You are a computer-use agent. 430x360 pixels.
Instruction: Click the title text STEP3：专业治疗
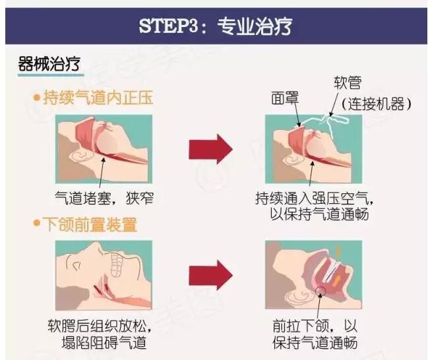[x=215, y=26]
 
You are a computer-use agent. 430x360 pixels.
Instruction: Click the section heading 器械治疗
[x=49, y=64]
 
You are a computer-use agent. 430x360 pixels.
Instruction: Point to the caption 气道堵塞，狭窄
[x=104, y=198]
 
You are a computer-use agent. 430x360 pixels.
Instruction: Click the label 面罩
[x=285, y=98]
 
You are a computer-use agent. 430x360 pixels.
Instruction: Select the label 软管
[x=348, y=82]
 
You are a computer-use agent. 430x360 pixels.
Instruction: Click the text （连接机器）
[x=377, y=104]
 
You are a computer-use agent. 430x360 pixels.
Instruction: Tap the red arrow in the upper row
[x=210, y=149]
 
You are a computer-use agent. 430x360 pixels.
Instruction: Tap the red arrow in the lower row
[x=210, y=275]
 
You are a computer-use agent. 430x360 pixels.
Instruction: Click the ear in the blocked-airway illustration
[x=80, y=156]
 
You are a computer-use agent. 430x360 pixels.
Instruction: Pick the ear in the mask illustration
[x=293, y=159]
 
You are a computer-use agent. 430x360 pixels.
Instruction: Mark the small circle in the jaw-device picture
[x=320, y=291]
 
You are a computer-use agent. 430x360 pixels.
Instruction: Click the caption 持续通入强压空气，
[x=315, y=198]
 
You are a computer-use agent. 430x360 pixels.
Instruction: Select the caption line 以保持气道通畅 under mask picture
[x=319, y=214]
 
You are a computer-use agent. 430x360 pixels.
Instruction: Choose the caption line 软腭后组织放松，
[x=100, y=326]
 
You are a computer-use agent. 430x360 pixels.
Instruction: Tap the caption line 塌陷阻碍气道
[x=104, y=342]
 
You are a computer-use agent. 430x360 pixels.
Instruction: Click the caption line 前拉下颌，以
[x=315, y=326]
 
